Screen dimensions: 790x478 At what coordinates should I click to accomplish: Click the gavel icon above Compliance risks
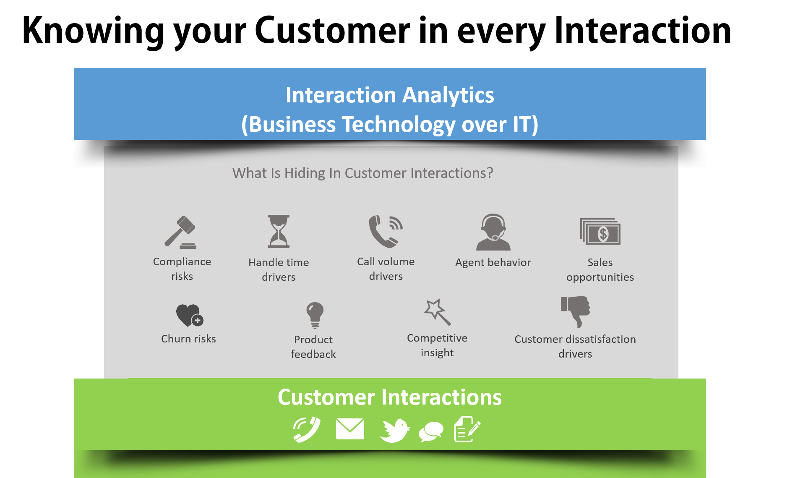pos(180,232)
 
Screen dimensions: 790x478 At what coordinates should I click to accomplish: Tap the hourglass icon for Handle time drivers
pos(279,231)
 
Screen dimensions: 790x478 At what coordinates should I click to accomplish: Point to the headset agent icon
pos(493,232)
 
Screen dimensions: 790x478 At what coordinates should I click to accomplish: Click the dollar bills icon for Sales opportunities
pos(600,231)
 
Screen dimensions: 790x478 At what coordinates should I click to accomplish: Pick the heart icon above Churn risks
pos(190,315)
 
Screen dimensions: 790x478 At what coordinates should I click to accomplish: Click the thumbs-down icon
pos(575,311)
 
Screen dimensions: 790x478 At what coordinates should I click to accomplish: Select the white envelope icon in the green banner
pos(350,429)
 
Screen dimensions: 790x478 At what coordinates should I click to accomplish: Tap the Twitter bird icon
pos(394,430)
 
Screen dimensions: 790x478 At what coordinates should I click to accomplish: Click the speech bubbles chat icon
pos(431,431)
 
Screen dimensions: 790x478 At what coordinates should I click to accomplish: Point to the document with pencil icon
pos(467,429)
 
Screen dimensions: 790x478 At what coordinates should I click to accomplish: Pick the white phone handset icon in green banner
pos(307,429)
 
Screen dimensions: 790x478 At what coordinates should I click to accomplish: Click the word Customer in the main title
pos(332,30)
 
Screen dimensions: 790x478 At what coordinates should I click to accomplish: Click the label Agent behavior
pos(493,263)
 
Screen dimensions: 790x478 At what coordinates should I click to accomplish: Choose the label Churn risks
pos(188,339)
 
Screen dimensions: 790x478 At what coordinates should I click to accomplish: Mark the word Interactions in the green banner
pos(442,397)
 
